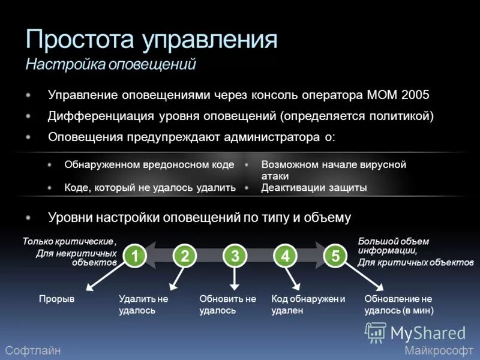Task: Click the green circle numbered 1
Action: (x=135, y=256)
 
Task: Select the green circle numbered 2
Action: (x=185, y=256)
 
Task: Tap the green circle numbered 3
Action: (x=235, y=256)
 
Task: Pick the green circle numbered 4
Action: (x=285, y=256)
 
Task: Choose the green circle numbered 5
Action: (x=335, y=256)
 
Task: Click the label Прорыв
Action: (x=56, y=299)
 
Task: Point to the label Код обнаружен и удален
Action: (x=308, y=304)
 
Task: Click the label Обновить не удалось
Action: (x=227, y=304)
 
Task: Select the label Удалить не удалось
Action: (x=143, y=304)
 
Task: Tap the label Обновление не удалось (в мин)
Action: (x=398, y=304)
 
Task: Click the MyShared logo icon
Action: (x=376, y=332)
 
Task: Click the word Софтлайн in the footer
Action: (x=32, y=350)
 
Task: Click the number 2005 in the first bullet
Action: (x=415, y=95)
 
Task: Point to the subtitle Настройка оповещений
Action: (x=111, y=64)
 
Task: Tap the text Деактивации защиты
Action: (x=314, y=188)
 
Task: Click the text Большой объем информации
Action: (x=393, y=246)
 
